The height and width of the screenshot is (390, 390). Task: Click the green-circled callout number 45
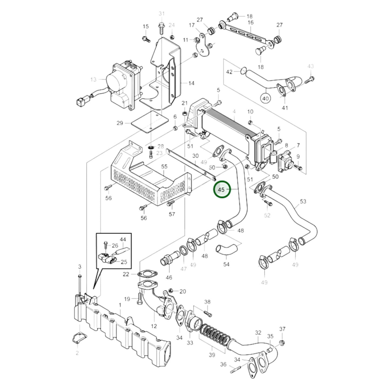[221, 190]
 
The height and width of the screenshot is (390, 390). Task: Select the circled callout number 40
[266, 99]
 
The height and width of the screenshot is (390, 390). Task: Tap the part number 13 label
[93, 80]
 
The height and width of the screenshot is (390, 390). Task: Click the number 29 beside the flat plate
[120, 123]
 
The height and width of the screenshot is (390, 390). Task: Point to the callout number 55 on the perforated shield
[164, 167]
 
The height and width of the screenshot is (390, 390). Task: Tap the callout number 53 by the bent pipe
[303, 201]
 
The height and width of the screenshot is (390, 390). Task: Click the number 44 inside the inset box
[123, 239]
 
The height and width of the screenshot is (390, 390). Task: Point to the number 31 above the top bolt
[161, 13]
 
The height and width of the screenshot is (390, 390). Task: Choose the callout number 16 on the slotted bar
[250, 22]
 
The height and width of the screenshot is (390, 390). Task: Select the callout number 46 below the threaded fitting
[169, 277]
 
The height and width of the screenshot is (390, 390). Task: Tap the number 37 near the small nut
[282, 329]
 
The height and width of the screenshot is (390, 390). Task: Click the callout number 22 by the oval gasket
[126, 274]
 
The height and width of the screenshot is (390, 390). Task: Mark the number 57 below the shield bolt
[172, 214]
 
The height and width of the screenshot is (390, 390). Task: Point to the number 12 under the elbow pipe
[154, 326]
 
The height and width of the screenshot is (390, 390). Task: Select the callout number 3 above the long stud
[80, 267]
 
